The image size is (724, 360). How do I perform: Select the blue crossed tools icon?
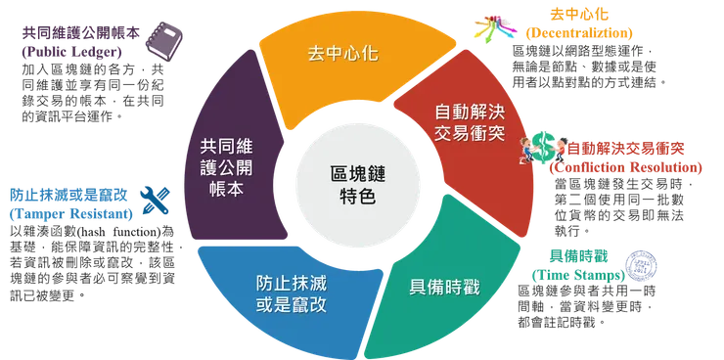pyautogui.click(x=153, y=196)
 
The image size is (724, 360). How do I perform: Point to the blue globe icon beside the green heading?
pyautogui.click(x=641, y=263)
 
